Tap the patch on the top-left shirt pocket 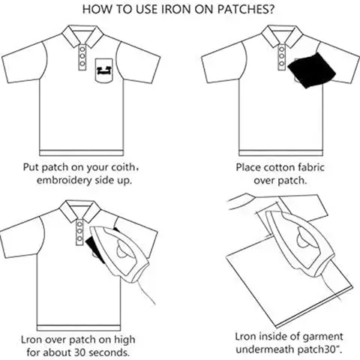(103, 71)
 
